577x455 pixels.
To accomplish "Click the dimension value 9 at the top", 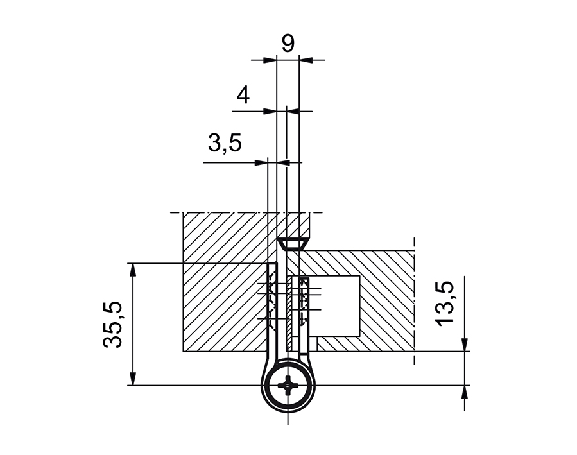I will coord(288,44).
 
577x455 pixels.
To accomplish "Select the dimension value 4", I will coord(243,95).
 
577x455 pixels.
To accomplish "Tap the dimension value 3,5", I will coord(225,143).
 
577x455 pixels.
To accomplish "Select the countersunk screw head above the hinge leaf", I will coord(292,244).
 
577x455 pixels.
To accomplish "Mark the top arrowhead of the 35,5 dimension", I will coord(133,268).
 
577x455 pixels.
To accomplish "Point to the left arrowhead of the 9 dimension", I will coord(270,60).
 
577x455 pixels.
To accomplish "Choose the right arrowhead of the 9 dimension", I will coord(305,60).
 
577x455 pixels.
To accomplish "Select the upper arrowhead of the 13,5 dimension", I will coord(464,346).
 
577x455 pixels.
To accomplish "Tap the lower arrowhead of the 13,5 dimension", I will coord(464,391).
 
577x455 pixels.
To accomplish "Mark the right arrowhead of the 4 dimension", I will coord(292,111).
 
